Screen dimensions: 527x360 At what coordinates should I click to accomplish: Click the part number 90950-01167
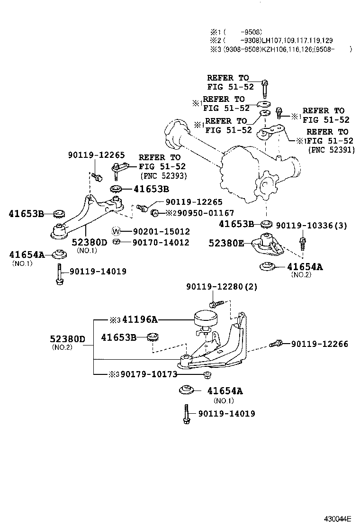pyautogui.click(x=199, y=213)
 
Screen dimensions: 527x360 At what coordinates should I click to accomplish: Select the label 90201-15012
pyautogui.click(x=161, y=232)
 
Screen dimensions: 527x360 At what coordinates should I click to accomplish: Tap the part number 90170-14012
pyautogui.click(x=161, y=243)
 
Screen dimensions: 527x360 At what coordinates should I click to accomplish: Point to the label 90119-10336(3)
pyautogui.click(x=311, y=226)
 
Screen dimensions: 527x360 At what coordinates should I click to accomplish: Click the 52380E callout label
pyautogui.click(x=226, y=243)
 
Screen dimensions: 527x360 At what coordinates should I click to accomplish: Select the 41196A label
pyautogui.click(x=139, y=320)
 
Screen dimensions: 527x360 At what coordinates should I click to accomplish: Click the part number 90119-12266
pyautogui.click(x=319, y=344)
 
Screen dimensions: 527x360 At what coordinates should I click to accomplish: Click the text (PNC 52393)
pyautogui.click(x=163, y=175)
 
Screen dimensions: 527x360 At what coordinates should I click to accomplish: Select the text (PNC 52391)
pyautogui.click(x=331, y=150)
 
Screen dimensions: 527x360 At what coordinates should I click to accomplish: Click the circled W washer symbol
pyautogui.click(x=116, y=232)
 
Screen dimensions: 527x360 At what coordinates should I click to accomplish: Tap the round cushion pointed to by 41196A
pyautogui.click(x=205, y=318)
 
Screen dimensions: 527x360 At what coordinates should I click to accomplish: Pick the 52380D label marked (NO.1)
pyautogui.click(x=90, y=243)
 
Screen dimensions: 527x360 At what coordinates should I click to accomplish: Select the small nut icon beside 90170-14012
pyautogui.click(x=116, y=243)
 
